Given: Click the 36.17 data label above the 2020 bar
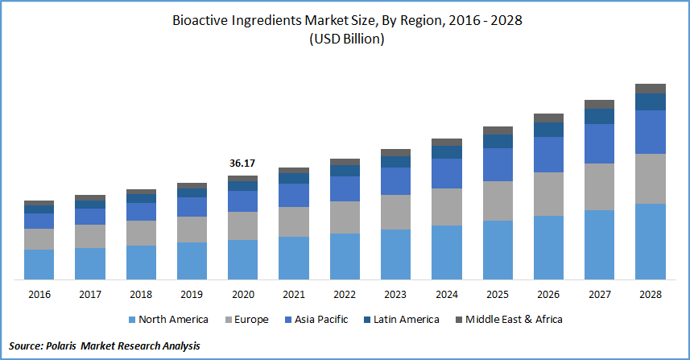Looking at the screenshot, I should click(242, 163).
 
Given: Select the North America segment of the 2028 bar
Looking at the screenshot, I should click(651, 242).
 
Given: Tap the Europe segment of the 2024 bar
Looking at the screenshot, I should click(447, 207).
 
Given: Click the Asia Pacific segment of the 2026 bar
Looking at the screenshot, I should click(548, 155).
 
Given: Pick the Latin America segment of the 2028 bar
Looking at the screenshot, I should click(651, 101).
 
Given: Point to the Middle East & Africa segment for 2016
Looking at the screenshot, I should click(39, 203).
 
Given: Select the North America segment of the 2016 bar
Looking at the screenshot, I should click(39, 264).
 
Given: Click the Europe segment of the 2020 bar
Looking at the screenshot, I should click(242, 226).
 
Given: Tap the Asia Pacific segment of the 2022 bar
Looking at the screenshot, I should click(345, 188).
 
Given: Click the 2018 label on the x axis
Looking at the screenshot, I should click(141, 295).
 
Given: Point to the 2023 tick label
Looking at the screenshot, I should click(395, 295).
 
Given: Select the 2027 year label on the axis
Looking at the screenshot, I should click(600, 295).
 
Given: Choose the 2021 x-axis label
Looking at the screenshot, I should click(294, 295).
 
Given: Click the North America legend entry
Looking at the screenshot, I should click(172, 320).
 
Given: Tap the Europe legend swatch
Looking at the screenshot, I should click(226, 320).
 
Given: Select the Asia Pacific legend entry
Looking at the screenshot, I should click(319, 320).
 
